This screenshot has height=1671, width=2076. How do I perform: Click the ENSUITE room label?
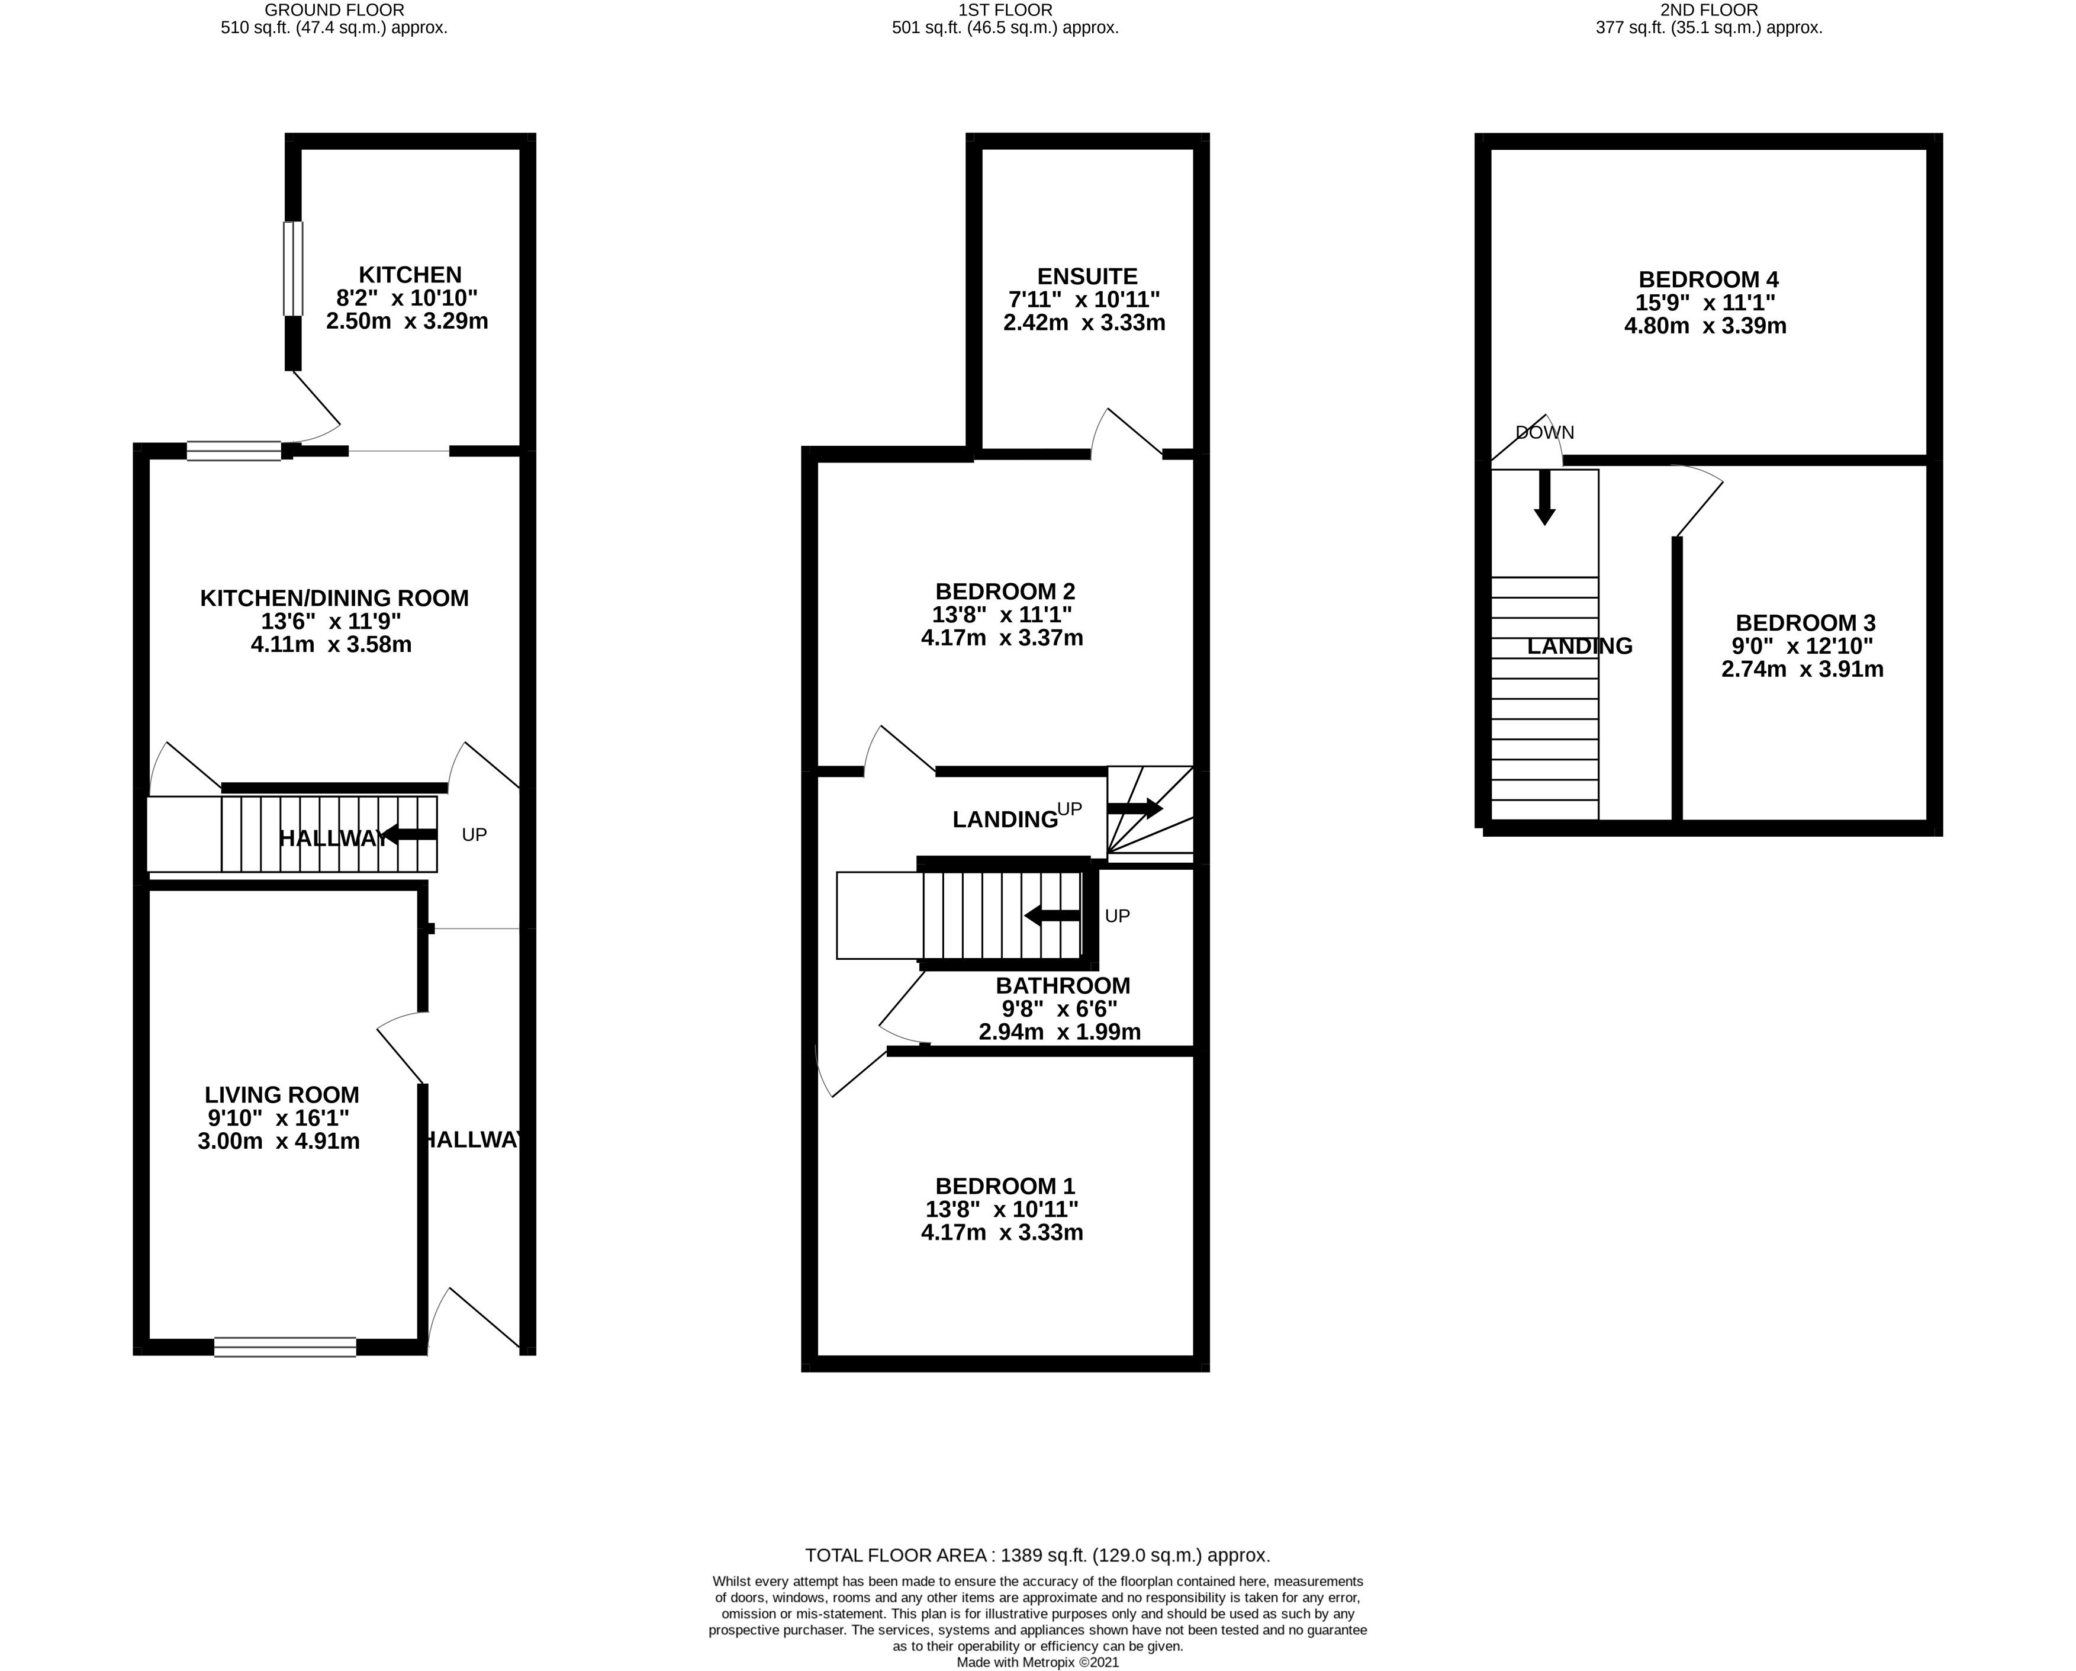point(1087,277)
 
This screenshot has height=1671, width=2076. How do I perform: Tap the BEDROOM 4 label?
point(1709,279)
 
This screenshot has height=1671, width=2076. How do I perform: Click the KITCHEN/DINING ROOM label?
point(334,598)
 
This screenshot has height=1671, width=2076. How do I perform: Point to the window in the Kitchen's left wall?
point(292,269)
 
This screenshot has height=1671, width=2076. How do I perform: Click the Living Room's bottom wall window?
point(285,1347)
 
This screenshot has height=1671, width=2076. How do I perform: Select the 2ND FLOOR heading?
point(1709,9)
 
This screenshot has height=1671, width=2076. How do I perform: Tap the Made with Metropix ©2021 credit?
point(1038,1662)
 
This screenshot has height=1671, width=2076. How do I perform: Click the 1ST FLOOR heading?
point(1005,9)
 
